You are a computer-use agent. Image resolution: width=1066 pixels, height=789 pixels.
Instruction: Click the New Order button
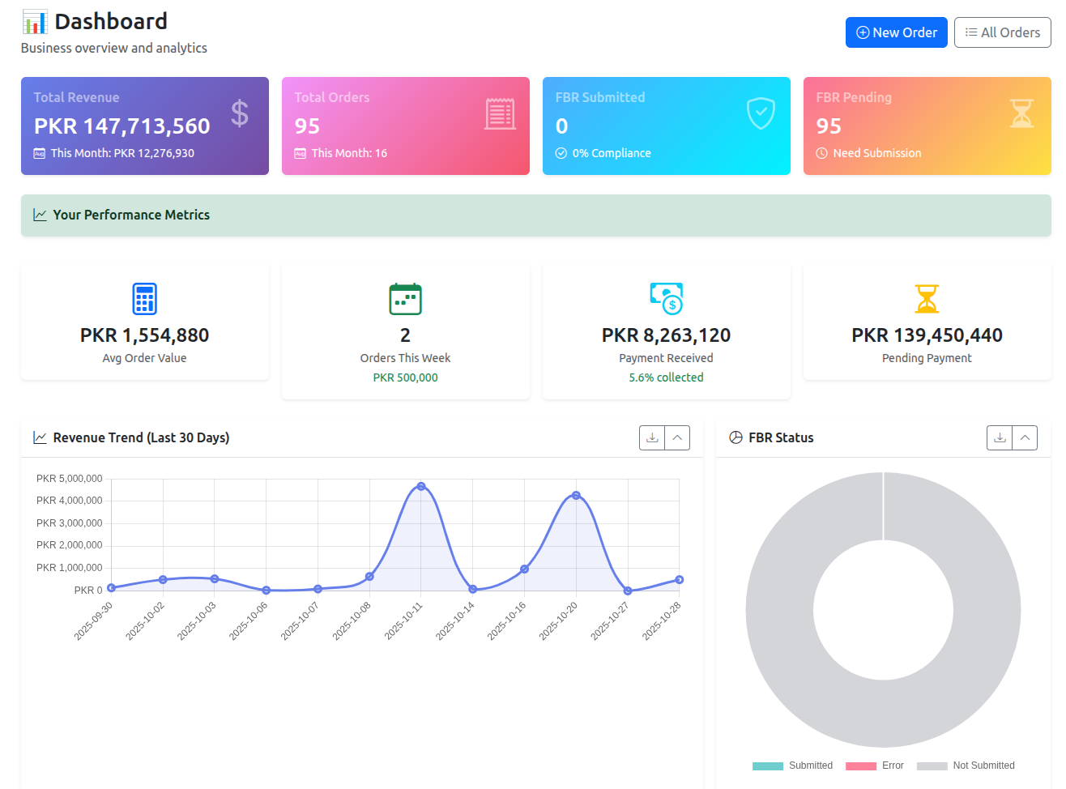coord(896,32)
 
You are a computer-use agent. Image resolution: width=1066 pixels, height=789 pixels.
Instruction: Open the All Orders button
coord(1002,32)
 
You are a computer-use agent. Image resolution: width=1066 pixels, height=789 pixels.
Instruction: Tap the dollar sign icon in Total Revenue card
coord(239,113)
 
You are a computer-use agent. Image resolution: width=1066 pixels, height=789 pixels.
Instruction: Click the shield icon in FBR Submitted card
coord(761,113)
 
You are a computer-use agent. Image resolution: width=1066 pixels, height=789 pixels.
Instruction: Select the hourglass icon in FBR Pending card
coord(1021,113)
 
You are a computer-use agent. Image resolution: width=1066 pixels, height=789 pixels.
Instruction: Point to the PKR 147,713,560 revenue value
coord(122,126)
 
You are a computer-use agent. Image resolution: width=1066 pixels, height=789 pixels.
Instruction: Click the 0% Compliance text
coord(611,153)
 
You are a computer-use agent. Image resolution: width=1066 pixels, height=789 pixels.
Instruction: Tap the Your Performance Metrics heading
coord(131,215)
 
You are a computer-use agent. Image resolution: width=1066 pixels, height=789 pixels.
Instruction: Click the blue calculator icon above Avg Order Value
coord(144,299)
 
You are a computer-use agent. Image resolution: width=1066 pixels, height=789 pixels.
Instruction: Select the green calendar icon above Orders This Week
coord(405,299)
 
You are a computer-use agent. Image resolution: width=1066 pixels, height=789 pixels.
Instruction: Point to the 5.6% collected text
coord(666,377)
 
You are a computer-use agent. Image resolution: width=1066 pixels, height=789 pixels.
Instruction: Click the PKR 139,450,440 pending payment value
coord(927,335)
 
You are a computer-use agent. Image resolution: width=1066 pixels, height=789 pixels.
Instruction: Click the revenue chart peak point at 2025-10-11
coord(421,486)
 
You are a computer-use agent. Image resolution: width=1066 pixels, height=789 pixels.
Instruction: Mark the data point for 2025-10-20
coord(576,495)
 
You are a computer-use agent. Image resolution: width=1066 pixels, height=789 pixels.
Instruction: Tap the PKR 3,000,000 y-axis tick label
coord(70,523)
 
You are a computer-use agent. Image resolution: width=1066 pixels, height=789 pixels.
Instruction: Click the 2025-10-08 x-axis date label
coord(352,621)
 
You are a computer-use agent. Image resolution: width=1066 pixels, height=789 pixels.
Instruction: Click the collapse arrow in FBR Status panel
coord(1025,437)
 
